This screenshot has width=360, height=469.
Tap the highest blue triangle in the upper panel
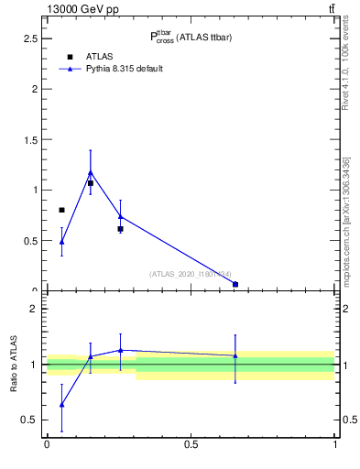[90, 172]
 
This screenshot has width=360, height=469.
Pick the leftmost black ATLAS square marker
[61, 211]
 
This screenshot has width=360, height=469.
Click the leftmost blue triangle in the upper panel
[61, 242]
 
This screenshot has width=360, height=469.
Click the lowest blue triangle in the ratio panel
[61, 404]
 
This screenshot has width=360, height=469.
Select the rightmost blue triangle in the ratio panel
[235, 355]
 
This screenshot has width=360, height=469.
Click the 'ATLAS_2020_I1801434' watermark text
[191, 274]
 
